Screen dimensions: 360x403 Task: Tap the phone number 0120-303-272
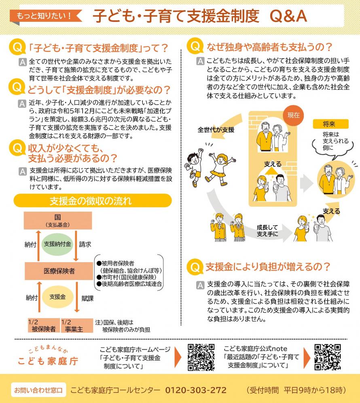(x=195, y=390)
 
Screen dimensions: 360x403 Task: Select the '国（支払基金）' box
(x=58, y=221)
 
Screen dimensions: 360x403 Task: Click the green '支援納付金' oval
(x=57, y=244)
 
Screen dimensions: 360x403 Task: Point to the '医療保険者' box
(x=59, y=271)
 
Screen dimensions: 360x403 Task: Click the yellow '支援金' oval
(x=57, y=297)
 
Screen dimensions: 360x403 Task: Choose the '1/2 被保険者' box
(x=44, y=326)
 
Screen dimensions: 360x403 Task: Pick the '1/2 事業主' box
(x=77, y=326)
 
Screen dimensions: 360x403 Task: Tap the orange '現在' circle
(x=293, y=115)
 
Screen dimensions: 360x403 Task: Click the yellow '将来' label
(x=331, y=124)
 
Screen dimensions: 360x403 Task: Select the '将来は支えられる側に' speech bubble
(x=333, y=144)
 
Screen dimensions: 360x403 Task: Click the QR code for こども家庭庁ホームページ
(x=201, y=357)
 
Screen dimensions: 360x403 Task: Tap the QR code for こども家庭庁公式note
(x=328, y=357)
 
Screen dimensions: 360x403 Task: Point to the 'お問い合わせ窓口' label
(x=38, y=390)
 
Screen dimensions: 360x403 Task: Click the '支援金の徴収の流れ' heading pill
(x=93, y=200)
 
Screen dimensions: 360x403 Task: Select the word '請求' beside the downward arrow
(x=85, y=244)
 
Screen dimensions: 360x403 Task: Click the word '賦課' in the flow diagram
(x=87, y=298)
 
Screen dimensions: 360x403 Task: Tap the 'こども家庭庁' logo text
(x=48, y=361)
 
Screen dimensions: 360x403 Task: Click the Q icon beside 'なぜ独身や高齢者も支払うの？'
(x=195, y=46)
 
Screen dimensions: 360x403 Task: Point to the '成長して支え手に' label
(x=267, y=231)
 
